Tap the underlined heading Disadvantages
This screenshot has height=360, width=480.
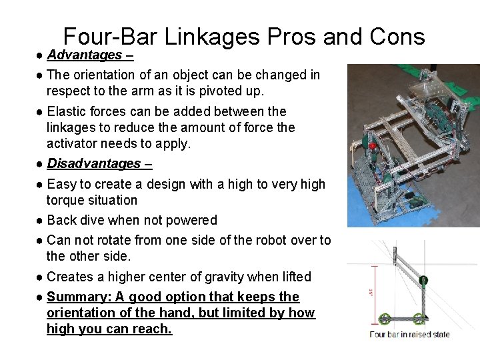pos(94,163)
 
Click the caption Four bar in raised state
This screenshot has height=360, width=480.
pos(409,335)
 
